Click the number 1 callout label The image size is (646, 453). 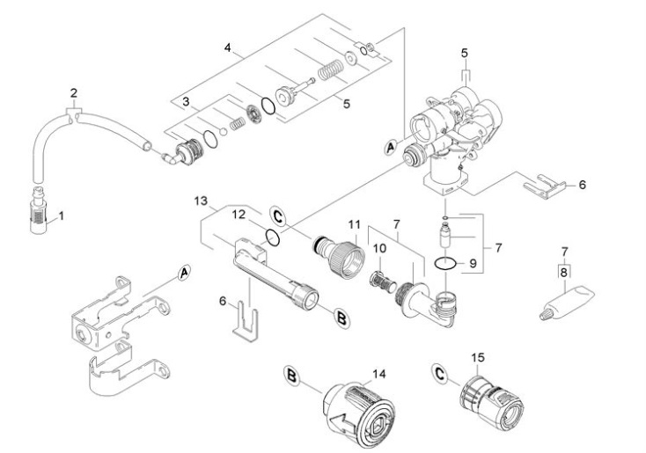click(61, 215)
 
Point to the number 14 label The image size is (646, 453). click(379, 373)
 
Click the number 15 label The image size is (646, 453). click(477, 359)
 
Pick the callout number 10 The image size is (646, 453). click(380, 249)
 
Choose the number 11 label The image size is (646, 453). click(354, 225)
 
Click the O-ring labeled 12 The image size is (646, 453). click(274, 238)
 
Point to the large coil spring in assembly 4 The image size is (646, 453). click(327, 68)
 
